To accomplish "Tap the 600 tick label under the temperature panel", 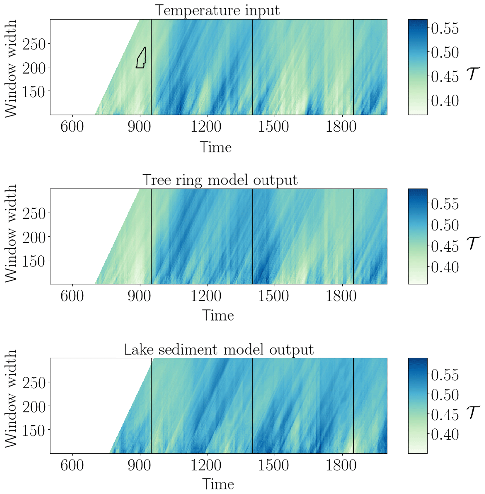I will tap(72, 127).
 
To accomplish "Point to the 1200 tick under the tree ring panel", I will tap(206, 296).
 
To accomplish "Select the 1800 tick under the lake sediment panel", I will tap(341, 465).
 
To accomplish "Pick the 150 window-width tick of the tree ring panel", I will tap(34, 261).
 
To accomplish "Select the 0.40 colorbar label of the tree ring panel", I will tap(445, 267).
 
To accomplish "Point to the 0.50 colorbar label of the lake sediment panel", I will tap(445, 395).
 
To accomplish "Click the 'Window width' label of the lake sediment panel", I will tap(11, 406).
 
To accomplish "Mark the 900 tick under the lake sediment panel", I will tap(139, 465).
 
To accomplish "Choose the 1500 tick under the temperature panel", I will tap(273, 127).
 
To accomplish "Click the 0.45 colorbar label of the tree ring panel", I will tap(445, 246).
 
